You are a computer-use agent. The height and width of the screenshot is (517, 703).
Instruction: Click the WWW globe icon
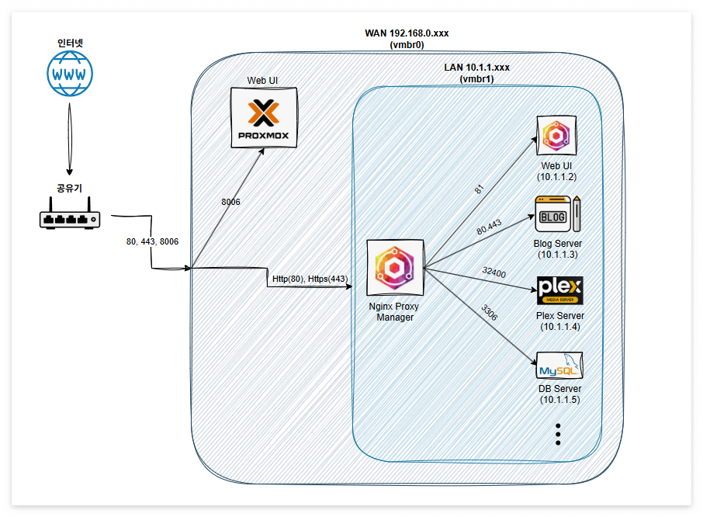[70, 74]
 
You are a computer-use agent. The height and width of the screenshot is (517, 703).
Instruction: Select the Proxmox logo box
[264, 117]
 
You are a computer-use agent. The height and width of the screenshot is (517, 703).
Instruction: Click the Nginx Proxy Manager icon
[395, 267]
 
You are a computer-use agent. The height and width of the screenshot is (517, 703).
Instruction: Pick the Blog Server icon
[558, 214]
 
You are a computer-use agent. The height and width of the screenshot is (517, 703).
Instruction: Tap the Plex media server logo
[560, 290]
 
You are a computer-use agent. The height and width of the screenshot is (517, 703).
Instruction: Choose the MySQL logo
[559, 366]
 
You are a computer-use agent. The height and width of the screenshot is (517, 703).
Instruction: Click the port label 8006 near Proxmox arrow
[230, 202]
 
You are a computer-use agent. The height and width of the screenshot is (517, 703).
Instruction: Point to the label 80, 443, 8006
[152, 241]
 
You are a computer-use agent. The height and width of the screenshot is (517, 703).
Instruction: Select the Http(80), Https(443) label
[310, 279]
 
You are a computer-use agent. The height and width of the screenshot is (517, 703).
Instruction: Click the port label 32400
[494, 272]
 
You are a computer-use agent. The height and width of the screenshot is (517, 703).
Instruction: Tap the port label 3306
[489, 312]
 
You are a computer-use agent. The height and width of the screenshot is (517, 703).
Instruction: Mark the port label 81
[480, 189]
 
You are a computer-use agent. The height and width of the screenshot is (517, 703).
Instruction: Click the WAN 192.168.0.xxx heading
[407, 33]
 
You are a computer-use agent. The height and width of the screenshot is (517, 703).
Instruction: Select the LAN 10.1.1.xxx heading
[476, 68]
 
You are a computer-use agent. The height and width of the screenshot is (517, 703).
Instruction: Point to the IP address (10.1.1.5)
[560, 400]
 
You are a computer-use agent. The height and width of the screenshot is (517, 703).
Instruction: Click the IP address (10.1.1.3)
[558, 255]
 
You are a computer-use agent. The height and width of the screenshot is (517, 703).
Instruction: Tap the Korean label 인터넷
[70, 43]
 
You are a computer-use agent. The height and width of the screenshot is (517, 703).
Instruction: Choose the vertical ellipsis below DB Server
[558, 434]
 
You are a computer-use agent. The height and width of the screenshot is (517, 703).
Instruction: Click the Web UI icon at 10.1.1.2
[556, 135]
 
